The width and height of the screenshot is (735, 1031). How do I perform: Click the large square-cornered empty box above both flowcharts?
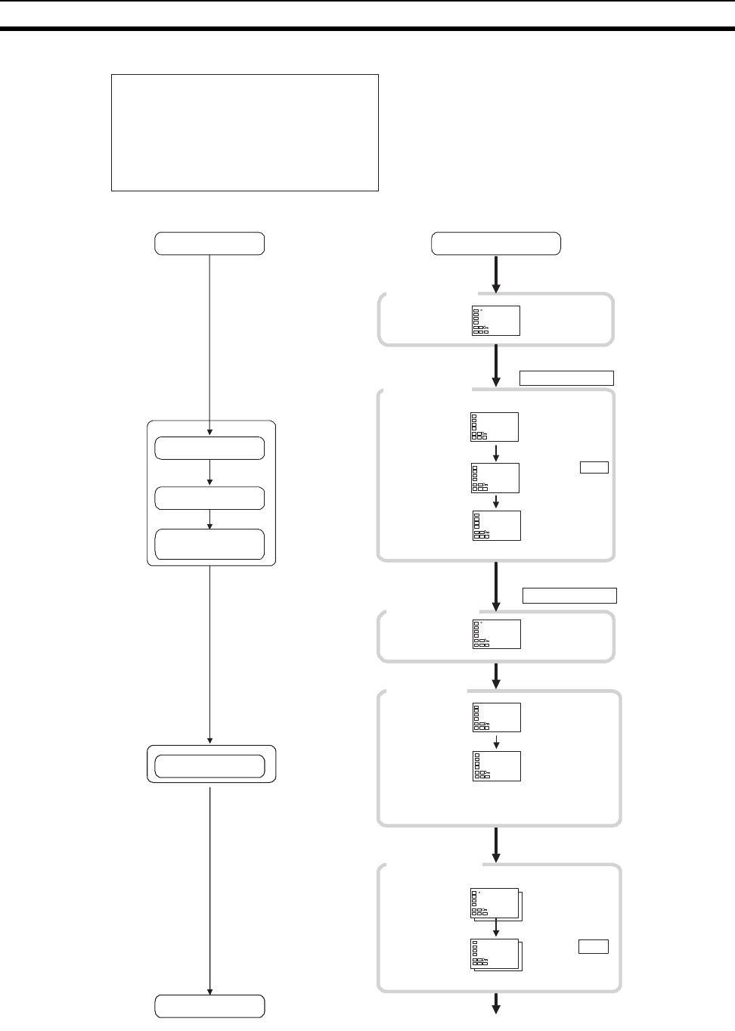point(244,132)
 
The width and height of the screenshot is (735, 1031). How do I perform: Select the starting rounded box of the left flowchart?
point(209,244)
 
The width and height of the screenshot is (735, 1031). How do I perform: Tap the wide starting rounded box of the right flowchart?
point(495,244)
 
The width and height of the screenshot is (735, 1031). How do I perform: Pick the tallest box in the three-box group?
point(209,544)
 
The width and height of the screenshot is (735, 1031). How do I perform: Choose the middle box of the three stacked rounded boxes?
point(209,498)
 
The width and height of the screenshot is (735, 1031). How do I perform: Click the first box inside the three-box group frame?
point(209,448)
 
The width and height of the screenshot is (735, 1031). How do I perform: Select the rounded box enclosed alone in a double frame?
point(209,766)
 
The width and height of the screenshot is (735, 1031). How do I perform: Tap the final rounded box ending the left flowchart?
point(209,1006)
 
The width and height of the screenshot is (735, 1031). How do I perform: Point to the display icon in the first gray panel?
point(495,321)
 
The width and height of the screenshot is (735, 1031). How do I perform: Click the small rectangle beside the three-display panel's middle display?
point(594,467)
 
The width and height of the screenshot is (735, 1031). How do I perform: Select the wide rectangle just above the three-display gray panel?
point(566,378)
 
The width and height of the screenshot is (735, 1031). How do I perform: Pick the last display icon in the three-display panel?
point(497,525)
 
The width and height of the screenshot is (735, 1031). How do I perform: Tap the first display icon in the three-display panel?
point(495,427)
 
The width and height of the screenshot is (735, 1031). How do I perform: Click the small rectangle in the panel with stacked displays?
point(594,946)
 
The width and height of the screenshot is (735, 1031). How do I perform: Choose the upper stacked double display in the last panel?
point(495,904)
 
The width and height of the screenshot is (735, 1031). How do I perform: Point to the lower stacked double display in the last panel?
point(495,955)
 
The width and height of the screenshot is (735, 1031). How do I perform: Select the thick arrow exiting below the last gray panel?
point(496,1003)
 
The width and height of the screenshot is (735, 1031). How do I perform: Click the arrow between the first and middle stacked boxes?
point(209,473)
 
